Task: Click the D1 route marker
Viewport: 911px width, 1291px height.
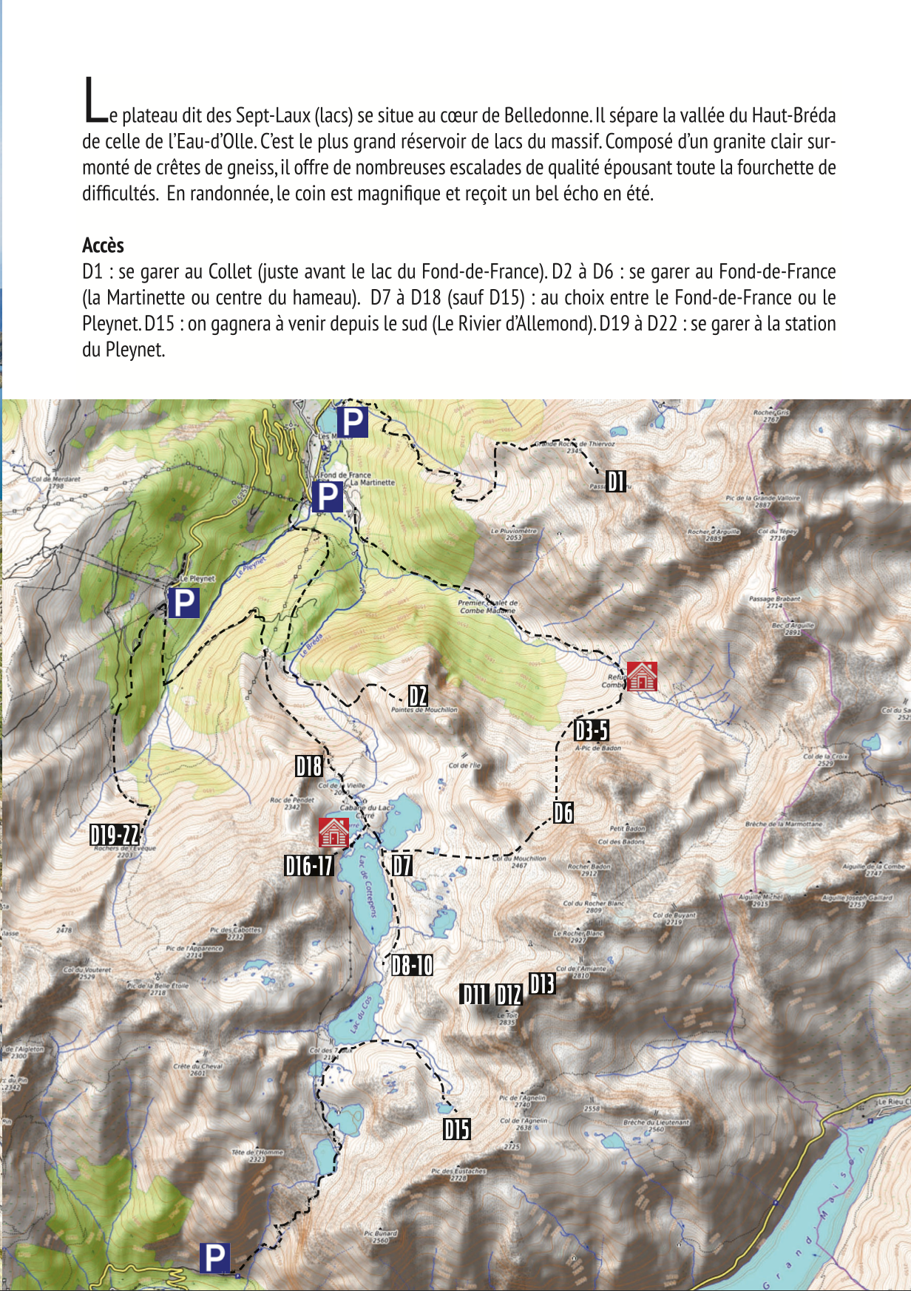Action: click(616, 482)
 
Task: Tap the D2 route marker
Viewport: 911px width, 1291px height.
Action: click(418, 696)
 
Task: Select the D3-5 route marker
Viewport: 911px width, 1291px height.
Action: click(592, 731)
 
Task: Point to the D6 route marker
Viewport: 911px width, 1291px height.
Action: click(563, 813)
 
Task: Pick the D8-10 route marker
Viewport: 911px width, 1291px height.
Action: click(412, 965)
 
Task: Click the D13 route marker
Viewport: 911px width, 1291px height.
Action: click(542, 984)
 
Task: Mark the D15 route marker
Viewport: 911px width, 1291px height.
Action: click(457, 1129)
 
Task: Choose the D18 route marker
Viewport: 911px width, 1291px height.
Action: click(308, 767)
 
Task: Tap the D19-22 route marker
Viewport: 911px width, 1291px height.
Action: click(115, 835)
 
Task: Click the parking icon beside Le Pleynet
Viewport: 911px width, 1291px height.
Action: click(183, 603)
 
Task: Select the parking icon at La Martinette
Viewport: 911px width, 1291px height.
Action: click(327, 497)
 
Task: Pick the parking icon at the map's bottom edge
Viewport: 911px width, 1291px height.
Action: click(214, 1258)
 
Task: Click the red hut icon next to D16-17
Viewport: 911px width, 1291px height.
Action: click(333, 833)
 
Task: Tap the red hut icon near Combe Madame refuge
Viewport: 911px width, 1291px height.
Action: click(641, 676)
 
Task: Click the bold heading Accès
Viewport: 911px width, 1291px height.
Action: click(103, 245)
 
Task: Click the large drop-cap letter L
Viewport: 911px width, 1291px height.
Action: click(95, 101)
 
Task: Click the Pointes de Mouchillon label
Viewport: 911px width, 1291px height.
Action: click(424, 710)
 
